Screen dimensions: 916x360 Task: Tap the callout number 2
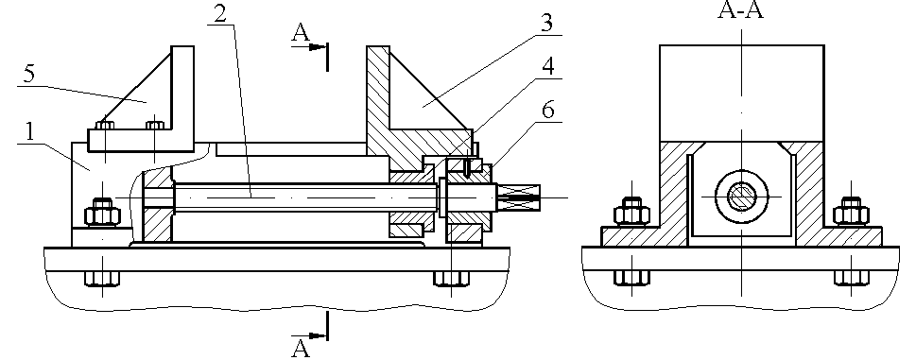pyautogui.click(x=219, y=14)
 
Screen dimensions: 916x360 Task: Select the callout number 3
pyautogui.click(x=546, y=24)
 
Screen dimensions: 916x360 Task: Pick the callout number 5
pyautogui.click(x=29, y=76)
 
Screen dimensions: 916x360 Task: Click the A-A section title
pyautogui.click(x=741, y=10)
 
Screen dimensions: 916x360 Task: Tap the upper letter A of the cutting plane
pyautogui.click(x=301, y=33)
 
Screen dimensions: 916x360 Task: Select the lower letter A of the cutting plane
pyautogui.click(x=301, y=349)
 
